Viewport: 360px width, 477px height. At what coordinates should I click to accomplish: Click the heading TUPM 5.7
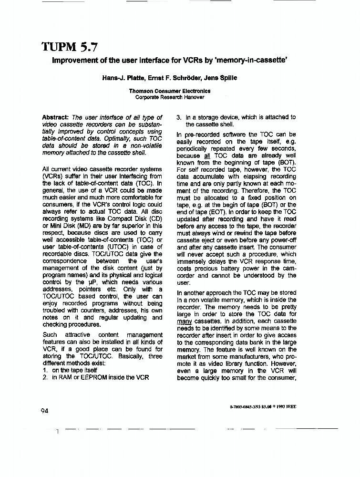tap(71, 47)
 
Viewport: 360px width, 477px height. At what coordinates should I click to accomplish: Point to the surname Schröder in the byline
tap(184, 78)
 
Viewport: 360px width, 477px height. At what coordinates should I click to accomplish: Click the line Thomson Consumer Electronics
tap(170, 91)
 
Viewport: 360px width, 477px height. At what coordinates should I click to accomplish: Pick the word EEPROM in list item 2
tap(93, 377)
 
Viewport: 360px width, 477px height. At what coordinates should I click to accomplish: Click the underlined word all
tap(207, 156)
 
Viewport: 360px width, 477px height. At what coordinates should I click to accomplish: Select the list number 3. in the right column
tap(179, 117)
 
